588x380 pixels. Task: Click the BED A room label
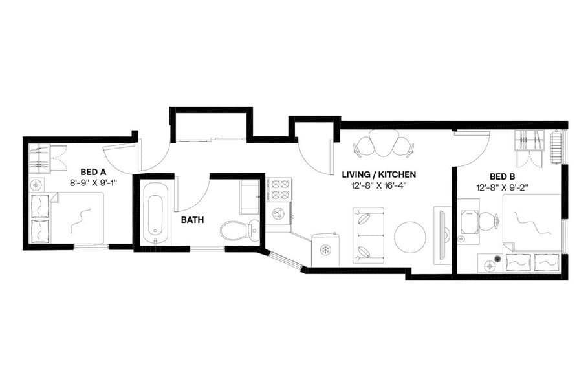[93, 172]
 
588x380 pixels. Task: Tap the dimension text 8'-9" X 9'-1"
[93, 183]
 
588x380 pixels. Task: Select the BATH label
[192, 220]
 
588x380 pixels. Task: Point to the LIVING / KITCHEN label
[378, 174]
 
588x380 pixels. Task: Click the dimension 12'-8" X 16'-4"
[378, 186]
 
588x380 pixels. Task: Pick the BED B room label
[502, 176]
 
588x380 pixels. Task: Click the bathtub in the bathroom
[154, 213]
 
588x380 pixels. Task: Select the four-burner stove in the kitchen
[279, 189]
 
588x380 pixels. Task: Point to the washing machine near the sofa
[326, 249]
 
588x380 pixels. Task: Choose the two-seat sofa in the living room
[368, 235]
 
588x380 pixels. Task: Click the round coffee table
[409, 237]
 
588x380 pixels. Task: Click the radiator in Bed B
[555, 147]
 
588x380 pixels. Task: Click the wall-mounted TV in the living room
[444, 234]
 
